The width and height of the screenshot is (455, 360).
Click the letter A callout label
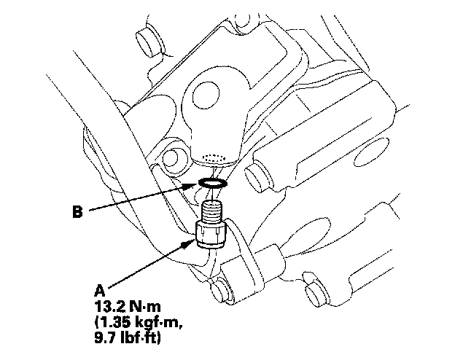point(99,291)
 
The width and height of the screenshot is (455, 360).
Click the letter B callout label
point(77,212)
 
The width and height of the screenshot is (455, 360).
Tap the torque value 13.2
point(109,307)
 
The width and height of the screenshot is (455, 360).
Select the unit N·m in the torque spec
point(145,307)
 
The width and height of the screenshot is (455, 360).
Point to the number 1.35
point(114,323)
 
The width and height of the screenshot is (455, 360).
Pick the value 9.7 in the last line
point(105,338)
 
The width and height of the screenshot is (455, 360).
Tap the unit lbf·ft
point(140,339)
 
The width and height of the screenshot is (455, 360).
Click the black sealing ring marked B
point(213,183)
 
